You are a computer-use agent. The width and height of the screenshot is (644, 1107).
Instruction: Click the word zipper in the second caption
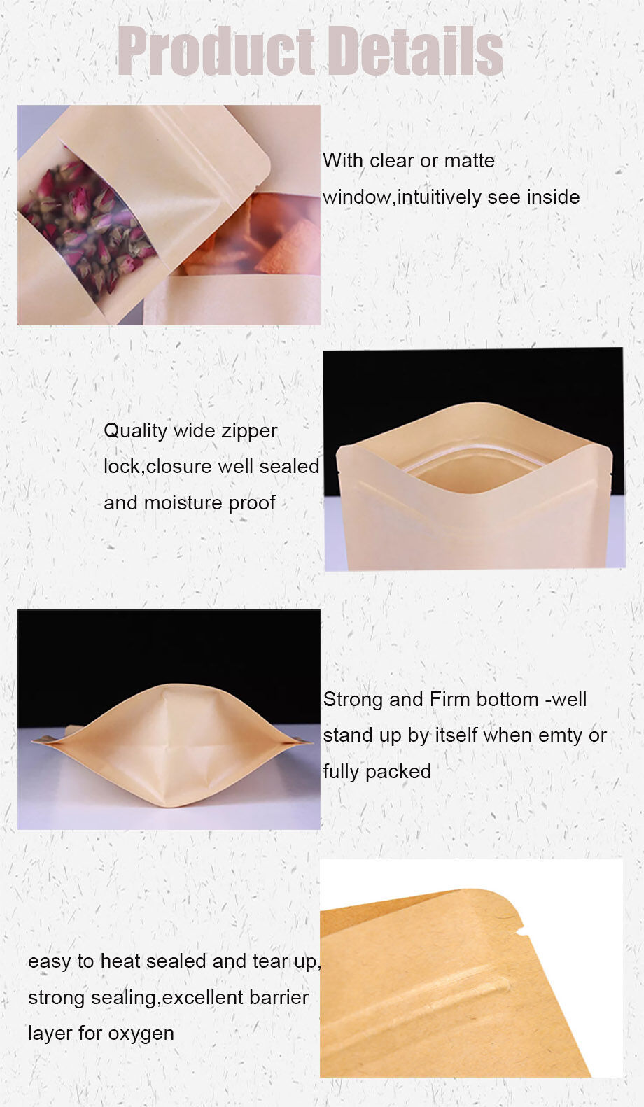coord(250,431)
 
